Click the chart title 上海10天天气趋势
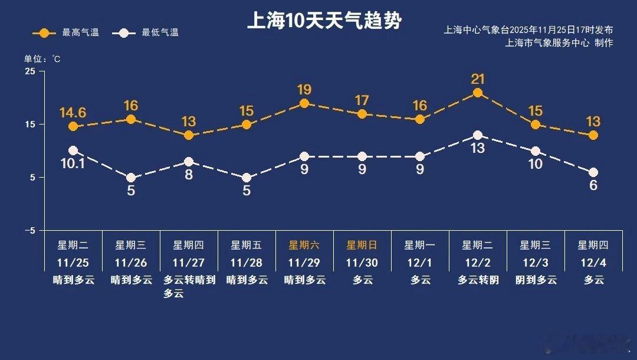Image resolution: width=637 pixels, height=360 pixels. (x=324, y=21)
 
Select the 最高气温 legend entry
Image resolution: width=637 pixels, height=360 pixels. (x=65, y=32)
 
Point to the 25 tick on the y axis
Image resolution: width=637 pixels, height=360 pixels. (x=29, y=71)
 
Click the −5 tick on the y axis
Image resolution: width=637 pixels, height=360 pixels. (x=29, y=231)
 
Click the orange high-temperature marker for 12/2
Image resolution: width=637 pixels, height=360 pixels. (x=478, y=93)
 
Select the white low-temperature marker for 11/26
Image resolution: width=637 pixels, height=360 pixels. (x=131, y=178)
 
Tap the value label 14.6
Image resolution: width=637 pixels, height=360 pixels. (x=73, y=112)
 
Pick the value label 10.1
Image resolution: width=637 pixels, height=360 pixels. (x=73, y=163)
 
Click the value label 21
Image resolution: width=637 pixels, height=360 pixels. (x=478, y=78)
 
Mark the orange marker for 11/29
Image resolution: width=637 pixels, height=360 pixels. (x=304, y=103)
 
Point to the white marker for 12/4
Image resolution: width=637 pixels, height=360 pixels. (x=593, y=172)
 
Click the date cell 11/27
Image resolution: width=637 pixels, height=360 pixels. (x=189, y=263)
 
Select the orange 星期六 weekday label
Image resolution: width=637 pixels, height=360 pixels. (x=304, y=245)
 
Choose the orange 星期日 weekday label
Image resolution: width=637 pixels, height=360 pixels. (x=362, y=245)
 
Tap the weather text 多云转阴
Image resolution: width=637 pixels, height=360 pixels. (x=478, y=280)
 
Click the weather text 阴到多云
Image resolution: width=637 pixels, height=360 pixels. (x=536, y=280)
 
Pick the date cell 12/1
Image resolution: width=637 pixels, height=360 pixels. (x=420, y=263)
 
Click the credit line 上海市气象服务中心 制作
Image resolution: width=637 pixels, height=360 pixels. (x=559, y=42)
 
